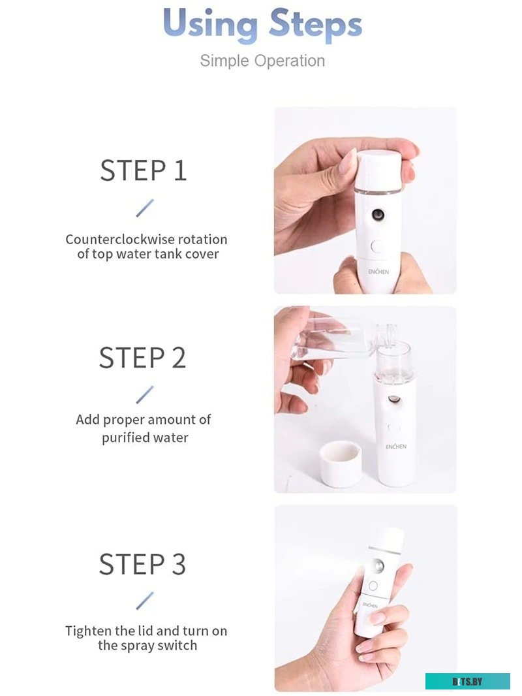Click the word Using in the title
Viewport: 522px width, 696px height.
point(209,25)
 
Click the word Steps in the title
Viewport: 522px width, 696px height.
point(315,25)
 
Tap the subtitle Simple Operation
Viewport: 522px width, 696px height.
point(262,61)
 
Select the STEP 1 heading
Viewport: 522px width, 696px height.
point(143,170)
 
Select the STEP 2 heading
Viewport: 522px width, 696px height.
point(142,358)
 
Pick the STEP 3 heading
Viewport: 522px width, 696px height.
point(142,564)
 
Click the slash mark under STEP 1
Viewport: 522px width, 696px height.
point(145,208)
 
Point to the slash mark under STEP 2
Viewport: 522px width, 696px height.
point(145,394)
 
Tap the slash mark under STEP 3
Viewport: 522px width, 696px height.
point(145,601)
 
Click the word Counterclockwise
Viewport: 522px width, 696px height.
point(117,239)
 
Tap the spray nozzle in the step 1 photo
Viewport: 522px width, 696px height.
point(378,215)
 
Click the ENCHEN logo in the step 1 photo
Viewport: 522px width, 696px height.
point(378,272)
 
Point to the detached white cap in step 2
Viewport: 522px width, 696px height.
point(340,462)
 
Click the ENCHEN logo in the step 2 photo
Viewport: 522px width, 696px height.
point(395,447)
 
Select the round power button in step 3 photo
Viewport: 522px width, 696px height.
point(373,586)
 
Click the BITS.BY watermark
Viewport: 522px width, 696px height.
point(467,682)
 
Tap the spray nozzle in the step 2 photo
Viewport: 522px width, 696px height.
point(394,399)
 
